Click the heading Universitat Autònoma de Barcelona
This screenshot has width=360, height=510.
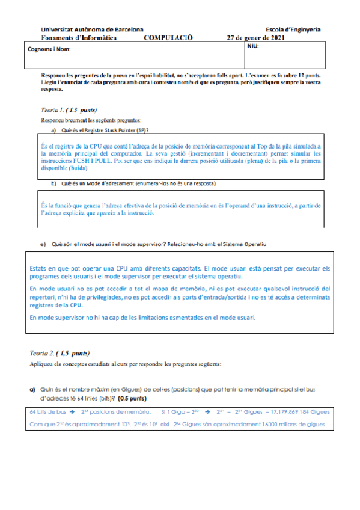point(91,29)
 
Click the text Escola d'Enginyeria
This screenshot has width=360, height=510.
point(292,29)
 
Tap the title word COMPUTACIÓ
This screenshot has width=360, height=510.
point(168,37)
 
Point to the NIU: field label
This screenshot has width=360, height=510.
point(253,46)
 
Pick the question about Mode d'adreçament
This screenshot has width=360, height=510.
point(138,183)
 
